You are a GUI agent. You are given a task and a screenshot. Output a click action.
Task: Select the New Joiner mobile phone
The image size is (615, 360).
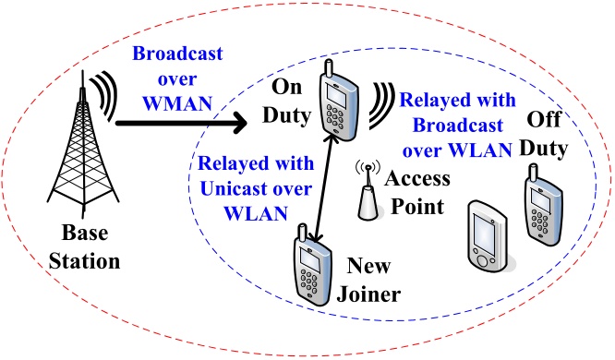coord(313,266)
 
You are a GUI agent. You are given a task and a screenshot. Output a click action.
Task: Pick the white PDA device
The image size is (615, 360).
coord(488,236)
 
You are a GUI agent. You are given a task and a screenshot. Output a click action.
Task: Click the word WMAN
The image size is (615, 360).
coord(177,103)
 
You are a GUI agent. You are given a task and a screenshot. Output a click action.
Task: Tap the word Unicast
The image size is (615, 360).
coord(231,188)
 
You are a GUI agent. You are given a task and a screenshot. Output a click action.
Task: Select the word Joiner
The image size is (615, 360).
coord(368,294)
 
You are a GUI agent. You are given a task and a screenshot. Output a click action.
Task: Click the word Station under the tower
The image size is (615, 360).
coord(84,261)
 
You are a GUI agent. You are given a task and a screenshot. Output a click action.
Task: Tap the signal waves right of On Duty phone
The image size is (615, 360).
coord(381,105)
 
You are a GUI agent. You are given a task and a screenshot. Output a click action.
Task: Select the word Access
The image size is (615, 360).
coord(417,178)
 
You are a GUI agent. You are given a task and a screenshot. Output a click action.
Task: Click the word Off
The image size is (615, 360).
coord(544,119)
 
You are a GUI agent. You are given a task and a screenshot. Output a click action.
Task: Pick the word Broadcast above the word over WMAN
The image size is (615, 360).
coord(177,54)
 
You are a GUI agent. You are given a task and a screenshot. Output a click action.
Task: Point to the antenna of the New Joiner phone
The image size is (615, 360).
coord(302,233)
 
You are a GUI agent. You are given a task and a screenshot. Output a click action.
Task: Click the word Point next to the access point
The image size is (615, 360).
coord(417,207)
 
